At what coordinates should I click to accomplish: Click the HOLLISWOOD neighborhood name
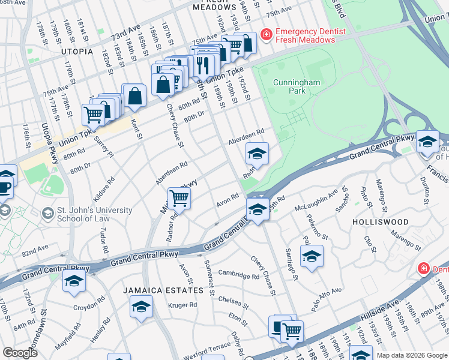click(381, 222)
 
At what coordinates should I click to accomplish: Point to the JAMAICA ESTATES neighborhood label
click(163, 290)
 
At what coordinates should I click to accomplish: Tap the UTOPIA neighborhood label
click(77, 52)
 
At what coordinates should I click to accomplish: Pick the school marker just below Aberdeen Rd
click(257, 154)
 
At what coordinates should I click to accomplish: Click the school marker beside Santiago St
click(312, 257)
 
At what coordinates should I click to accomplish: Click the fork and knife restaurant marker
click(202, 63)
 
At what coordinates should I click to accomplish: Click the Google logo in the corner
click(19, 352)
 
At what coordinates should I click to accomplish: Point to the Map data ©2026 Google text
click(411, 355)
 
